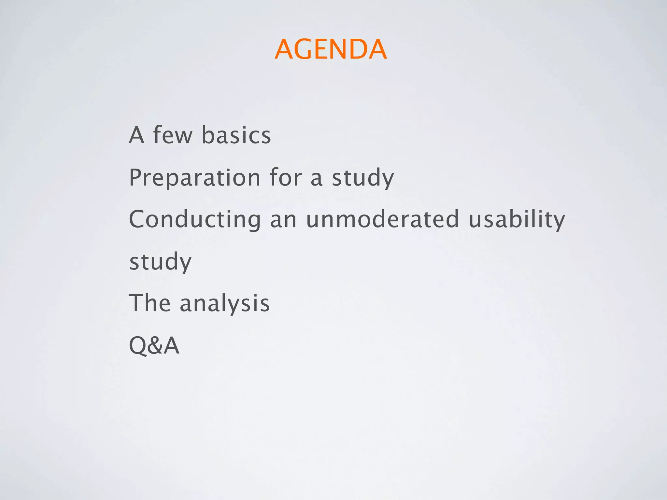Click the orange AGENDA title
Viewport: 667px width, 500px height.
pyautogui.click(x=331, y=49)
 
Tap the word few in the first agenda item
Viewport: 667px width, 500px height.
pyautogui.click(x=173, y=135)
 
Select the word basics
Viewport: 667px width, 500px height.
pyautogui.click(x=236, y=135)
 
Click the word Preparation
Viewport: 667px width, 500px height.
pyautogui.click(x=194, y=178)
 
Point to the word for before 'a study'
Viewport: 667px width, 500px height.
pyautogui.click(x=286, y=178)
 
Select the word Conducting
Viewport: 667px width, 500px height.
pyautogui.click(x=195, y=220)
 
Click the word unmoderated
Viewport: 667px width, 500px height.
pyautogui.click(x=382, y=219)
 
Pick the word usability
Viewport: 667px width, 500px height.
pyautogui.click(x=517, y=220)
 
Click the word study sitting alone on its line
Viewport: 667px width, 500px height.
pyautogui.click(x=160, y=262)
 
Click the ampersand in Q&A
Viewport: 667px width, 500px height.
pyautogui.click(x=154, y=345)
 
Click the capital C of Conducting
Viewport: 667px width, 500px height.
pyautogui.click(x=138, y=219)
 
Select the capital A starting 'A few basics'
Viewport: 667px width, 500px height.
pyautogui.click(x=136, y=135)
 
